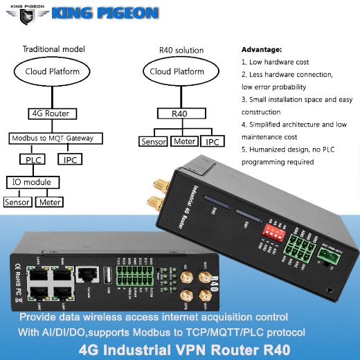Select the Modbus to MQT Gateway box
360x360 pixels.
coord(53,138)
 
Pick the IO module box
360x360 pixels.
coord(33,182)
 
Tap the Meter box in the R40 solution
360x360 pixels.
coord(185,141)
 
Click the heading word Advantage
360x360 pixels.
coord(261,50)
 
